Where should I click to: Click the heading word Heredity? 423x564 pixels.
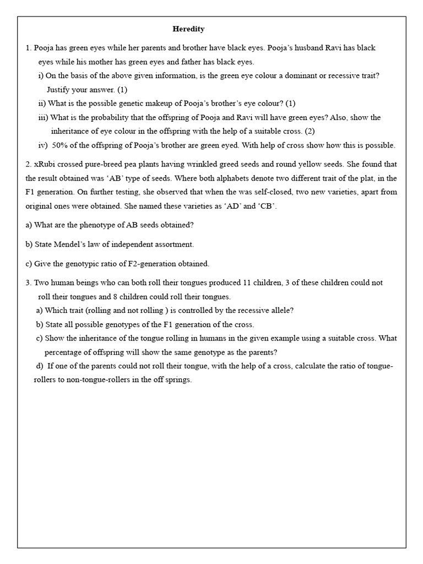188,29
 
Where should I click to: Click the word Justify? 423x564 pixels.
60,89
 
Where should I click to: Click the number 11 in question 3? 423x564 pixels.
247,283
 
